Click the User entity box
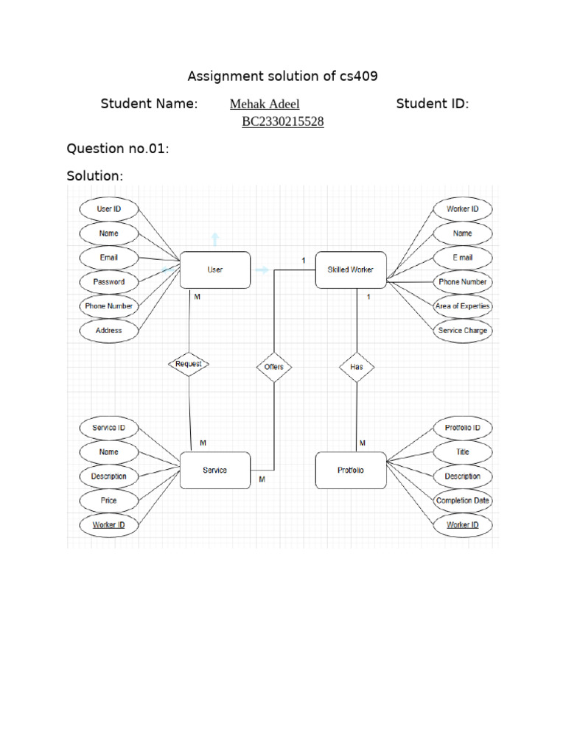[215, 270]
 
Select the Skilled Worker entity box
[351, 270]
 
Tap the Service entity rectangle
[215, 471]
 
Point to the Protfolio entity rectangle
[351, 471]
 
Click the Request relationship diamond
[189, 364]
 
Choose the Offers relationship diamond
[273, 367]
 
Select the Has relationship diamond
[357, 367]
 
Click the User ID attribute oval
[109, 209]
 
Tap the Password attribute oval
[109, 282]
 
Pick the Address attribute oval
[109, 331]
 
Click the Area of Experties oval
[463, 306]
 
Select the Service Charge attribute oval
[463, 331]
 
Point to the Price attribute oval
[109, 501]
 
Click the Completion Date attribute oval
[463, 501]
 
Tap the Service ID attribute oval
[109, 428]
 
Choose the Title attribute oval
[463, 452]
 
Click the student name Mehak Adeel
[265, 105]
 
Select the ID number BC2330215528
[283, 122]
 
